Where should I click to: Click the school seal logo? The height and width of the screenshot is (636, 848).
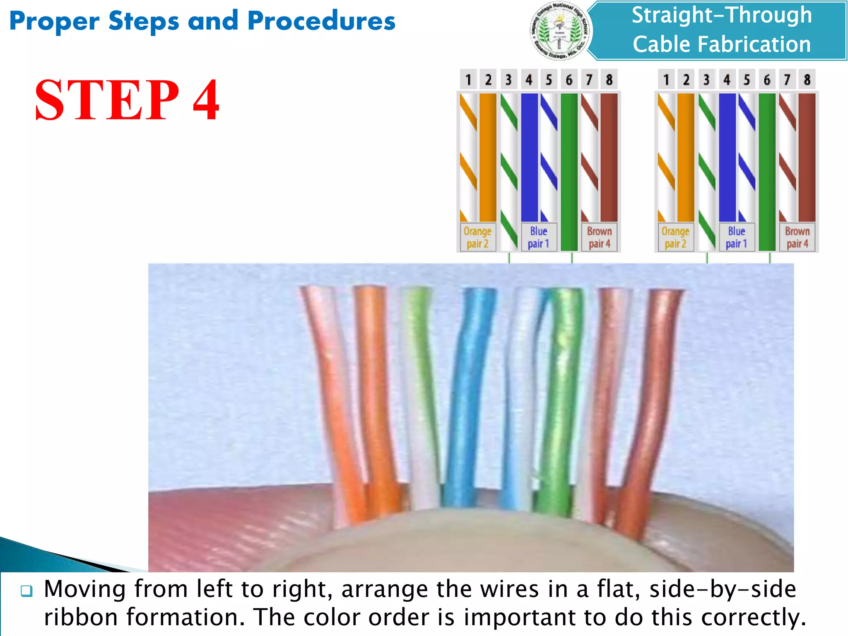click(x=561, y=31)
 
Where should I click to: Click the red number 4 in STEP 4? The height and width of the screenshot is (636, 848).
click(x=206, y=100)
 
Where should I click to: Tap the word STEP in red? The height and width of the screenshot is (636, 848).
click(x=107, y=100)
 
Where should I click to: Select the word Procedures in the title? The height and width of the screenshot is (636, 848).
click(x=321, y=21)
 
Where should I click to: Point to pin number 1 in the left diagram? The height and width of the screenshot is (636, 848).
click(x=468, y=79)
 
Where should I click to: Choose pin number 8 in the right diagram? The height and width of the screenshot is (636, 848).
click(x=807, y=79)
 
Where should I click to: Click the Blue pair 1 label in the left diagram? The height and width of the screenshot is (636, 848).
click(x=538, y=237)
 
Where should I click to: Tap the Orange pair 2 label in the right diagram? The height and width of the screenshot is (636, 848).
click(x=675, y=237)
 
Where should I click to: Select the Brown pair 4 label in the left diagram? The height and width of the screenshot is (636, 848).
click(x=599, y=237)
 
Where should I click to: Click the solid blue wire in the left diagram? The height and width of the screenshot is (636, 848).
click(x=529, y=157)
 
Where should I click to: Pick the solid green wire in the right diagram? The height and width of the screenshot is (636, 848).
click(x=767, y=166)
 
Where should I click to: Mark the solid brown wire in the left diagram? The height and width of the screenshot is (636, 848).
click(x=609, y=157)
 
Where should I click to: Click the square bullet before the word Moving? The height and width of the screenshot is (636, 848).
click(x=26, y=590)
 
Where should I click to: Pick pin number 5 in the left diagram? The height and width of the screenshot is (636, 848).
click(x=549, y=79)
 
